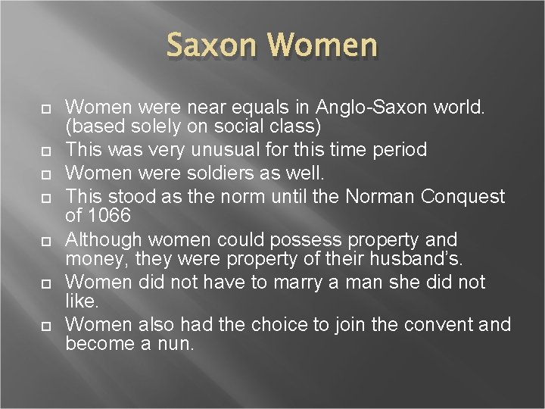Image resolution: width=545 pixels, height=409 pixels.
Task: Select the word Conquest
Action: click(x=464, y=197)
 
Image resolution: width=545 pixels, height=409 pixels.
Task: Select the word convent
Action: click(x=443, y=325)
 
